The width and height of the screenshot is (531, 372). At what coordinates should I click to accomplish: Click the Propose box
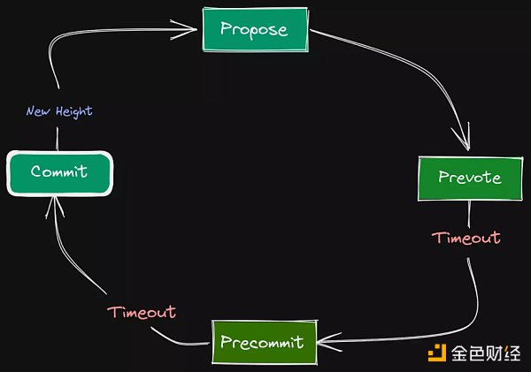coord(256,29)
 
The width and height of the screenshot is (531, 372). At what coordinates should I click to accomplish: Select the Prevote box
coord(469,178)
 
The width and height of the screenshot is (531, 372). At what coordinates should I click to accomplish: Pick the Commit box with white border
coord(59,172)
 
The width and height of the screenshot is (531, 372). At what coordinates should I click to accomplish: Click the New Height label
coord(58,111)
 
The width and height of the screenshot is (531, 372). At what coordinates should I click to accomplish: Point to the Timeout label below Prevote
coord(466,238)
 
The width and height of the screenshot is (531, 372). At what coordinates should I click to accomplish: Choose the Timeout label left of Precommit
coord(142,312)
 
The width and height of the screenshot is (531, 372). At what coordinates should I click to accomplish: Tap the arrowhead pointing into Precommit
coord(325,340)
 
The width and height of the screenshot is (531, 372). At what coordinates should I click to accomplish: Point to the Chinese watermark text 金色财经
coord(486,354)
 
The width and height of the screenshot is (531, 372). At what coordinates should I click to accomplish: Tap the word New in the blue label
coord(37,111)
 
